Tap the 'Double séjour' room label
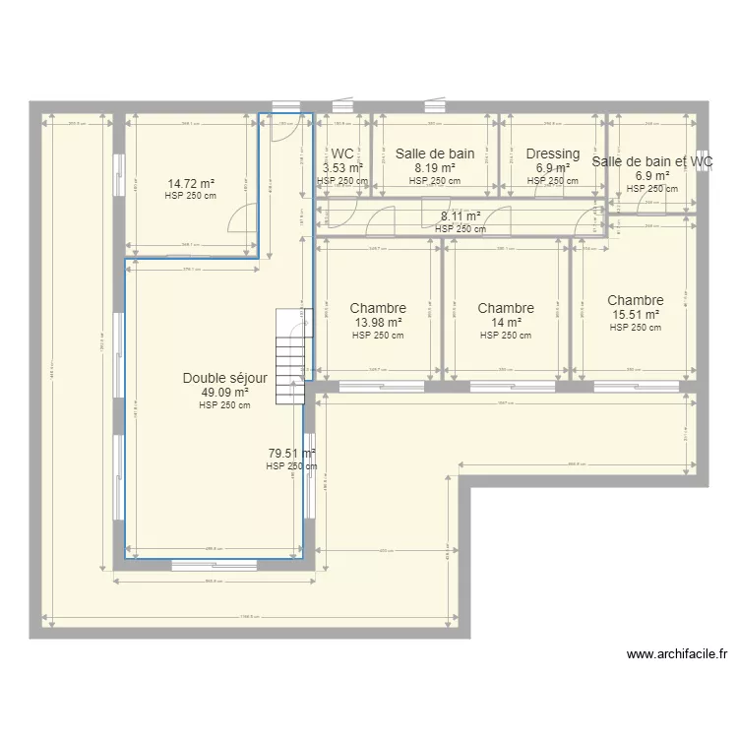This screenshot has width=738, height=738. pyautogui.click(x=224, y=378)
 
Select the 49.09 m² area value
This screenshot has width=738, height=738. pyautogui.click(x=224, y=392)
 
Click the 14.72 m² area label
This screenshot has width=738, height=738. pyautogui.click(x=191, y=183)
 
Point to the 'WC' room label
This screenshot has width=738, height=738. pyautogui.click(x=342, y=154)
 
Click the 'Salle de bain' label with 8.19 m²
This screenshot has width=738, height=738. pyautogui.click(x=435, y=154)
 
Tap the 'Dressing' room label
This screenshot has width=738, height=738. pyautogui.click(x=553, y=154)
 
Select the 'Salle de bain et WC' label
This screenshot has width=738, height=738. pyautogui.click(x=652, y=161)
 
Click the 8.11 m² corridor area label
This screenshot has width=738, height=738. pyautogui.click(x=461, y=216)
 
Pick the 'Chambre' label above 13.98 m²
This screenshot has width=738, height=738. pyautogui.click(x=378, y=308)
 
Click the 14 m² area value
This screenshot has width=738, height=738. pyautogui.click(x=506, y=322)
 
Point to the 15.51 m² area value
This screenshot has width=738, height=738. pyautogui.click(x=635, y=315)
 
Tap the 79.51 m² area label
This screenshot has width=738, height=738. pyautogui.click(x=292, y=454)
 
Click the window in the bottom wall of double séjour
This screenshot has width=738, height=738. pyautogui.click(x=215, y=564)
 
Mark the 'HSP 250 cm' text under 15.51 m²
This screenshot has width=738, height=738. pyautogui.click(x=635, y=328)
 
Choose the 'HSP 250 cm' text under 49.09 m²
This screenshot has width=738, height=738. pyautogui.click(x=224, y=404)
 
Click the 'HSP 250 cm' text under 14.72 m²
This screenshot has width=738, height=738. pyautogui.click(x=191, y=195)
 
